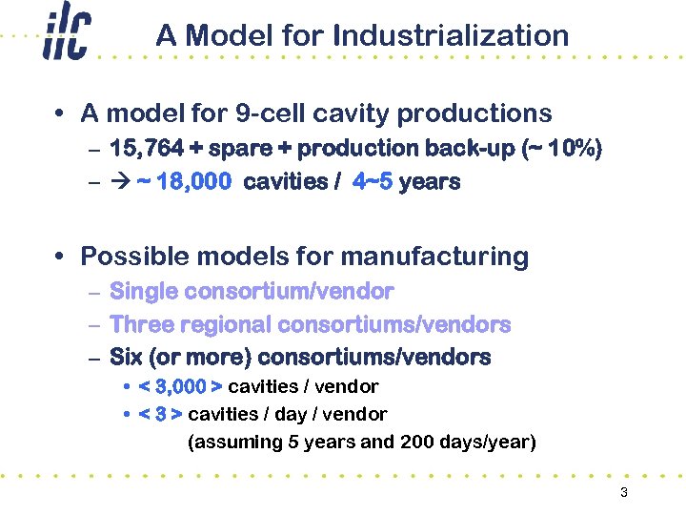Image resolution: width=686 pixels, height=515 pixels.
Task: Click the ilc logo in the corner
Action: pos(66,36)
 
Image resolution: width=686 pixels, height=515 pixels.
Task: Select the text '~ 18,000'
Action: pos(183,182)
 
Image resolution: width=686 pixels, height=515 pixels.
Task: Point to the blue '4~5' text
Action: pos(373,182)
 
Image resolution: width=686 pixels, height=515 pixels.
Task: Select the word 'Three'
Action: pos(142,324)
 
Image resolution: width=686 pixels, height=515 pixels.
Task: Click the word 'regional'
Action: pos(226,325)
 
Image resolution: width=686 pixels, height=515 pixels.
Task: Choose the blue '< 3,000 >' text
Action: pos(180,386)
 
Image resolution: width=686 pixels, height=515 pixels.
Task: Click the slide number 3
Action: pos(623,493)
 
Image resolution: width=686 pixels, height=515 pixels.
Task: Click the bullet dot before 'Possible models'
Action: pos(60,257)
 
